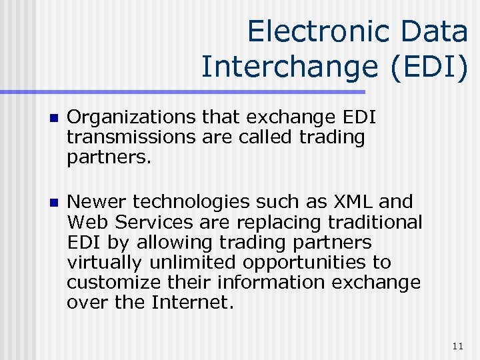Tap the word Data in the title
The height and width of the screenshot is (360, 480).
point(432,31)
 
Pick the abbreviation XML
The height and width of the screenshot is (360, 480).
point(350,201)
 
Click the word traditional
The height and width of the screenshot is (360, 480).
point(373,221)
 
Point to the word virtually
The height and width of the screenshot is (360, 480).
point(105,263)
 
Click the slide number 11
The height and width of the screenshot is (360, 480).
point(457,345)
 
